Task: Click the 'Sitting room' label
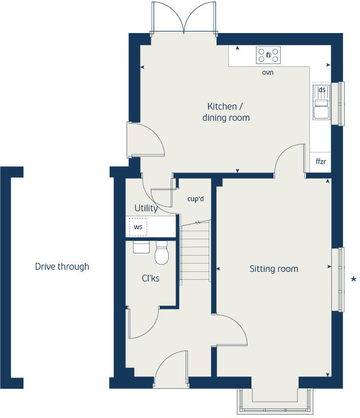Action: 273,269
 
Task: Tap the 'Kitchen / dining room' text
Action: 225,112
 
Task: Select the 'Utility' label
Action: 146,208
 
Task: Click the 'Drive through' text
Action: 62,267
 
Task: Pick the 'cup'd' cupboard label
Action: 195,198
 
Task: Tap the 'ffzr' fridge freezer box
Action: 321,162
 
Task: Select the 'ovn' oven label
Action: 268,73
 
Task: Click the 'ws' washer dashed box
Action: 138,228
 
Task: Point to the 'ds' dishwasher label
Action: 322,90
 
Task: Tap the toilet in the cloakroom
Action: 162,254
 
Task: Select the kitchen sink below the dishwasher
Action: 322,111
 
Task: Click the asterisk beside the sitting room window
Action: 353,279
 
